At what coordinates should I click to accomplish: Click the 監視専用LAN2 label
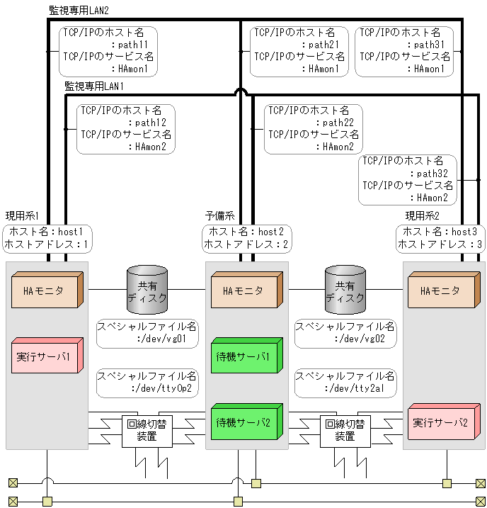pos(79,11)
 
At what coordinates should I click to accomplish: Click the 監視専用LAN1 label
pos(94,86)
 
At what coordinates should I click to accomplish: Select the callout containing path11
pos(108,51)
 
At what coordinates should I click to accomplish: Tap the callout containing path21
pos(299,51)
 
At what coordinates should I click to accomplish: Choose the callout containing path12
pos(126,129)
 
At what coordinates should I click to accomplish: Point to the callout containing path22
pos(313,129)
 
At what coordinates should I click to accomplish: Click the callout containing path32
pos(408,180)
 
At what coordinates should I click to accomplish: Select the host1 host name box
pos(47,238)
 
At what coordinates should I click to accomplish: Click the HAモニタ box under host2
pos(246,291)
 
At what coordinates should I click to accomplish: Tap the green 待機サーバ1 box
pos(246,357)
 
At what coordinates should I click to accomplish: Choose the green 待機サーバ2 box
pos(246,422)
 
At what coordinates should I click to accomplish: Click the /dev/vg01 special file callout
pos(147,333)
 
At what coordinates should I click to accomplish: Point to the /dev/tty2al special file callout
pos(345,383)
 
